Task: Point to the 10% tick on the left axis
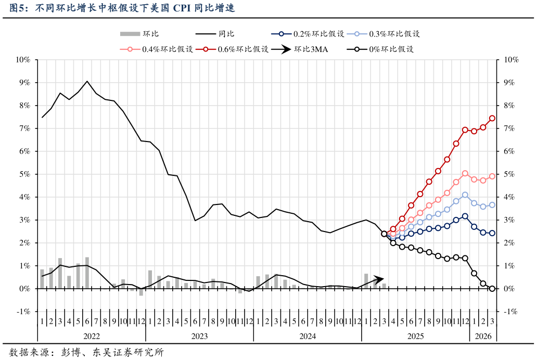pos(23,60)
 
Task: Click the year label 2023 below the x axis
pos(199,337)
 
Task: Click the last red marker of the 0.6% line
pos(492,118)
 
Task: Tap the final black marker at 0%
pos(492,289)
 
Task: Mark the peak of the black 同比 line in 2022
pos(87,81)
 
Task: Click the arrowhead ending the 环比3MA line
pos(381,279)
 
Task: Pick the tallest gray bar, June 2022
pos(87,273)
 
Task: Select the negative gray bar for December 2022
pos(141,292)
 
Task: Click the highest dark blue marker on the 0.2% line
pos(465,216)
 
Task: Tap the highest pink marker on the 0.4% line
pos(465,173)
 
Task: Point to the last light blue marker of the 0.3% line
pos(492,205)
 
